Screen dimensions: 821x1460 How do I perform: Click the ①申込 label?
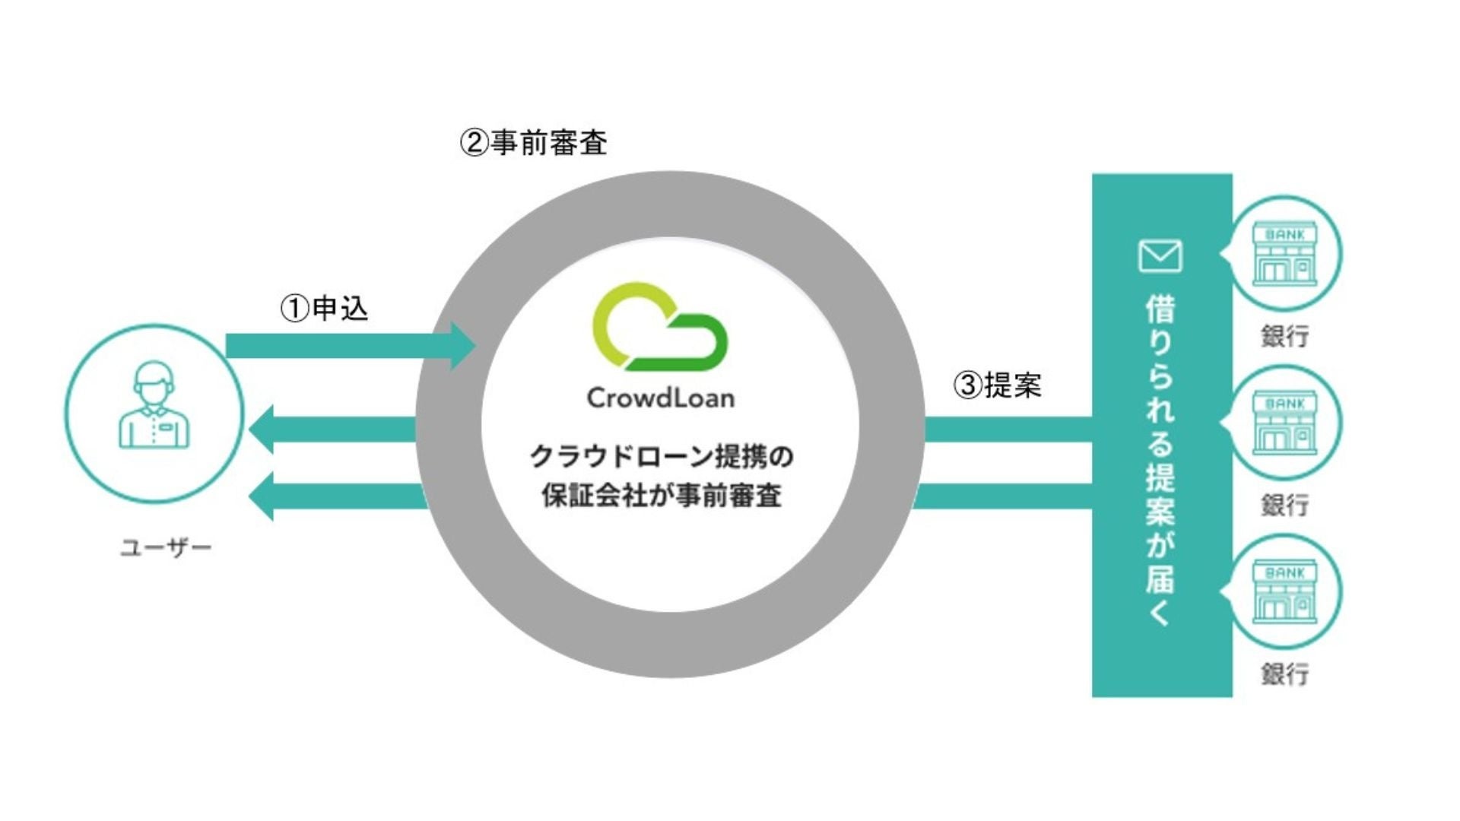point(325,309)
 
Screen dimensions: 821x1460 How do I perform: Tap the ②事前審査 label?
point(533,143)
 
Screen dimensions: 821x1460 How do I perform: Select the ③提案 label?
point(997,385)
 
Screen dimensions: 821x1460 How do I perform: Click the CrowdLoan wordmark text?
point(661,398)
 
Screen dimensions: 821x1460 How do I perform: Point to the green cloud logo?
point(659,328)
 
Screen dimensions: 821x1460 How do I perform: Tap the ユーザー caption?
point(166,547)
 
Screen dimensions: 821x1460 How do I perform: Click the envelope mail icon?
point(1160,256)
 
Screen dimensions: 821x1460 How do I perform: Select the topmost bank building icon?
point(1284,254)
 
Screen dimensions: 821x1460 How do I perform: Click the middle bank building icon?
point(1284,423)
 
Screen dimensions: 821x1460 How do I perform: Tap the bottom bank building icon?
point(1284,591)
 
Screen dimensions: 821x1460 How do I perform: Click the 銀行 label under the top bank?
point(1285,336)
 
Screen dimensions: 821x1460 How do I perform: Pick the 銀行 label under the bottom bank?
point(1285,674)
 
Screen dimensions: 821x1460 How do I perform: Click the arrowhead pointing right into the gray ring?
point(462,346)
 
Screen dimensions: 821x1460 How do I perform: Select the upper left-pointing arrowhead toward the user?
point(262,430)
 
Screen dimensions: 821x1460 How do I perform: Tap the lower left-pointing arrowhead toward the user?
point(262,497)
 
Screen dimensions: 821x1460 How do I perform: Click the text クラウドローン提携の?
point(661,456)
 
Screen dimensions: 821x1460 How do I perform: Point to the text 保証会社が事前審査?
point(661,496)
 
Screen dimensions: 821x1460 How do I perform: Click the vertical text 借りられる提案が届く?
point(1160,461)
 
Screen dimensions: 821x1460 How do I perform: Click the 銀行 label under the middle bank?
point(1285,505)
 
